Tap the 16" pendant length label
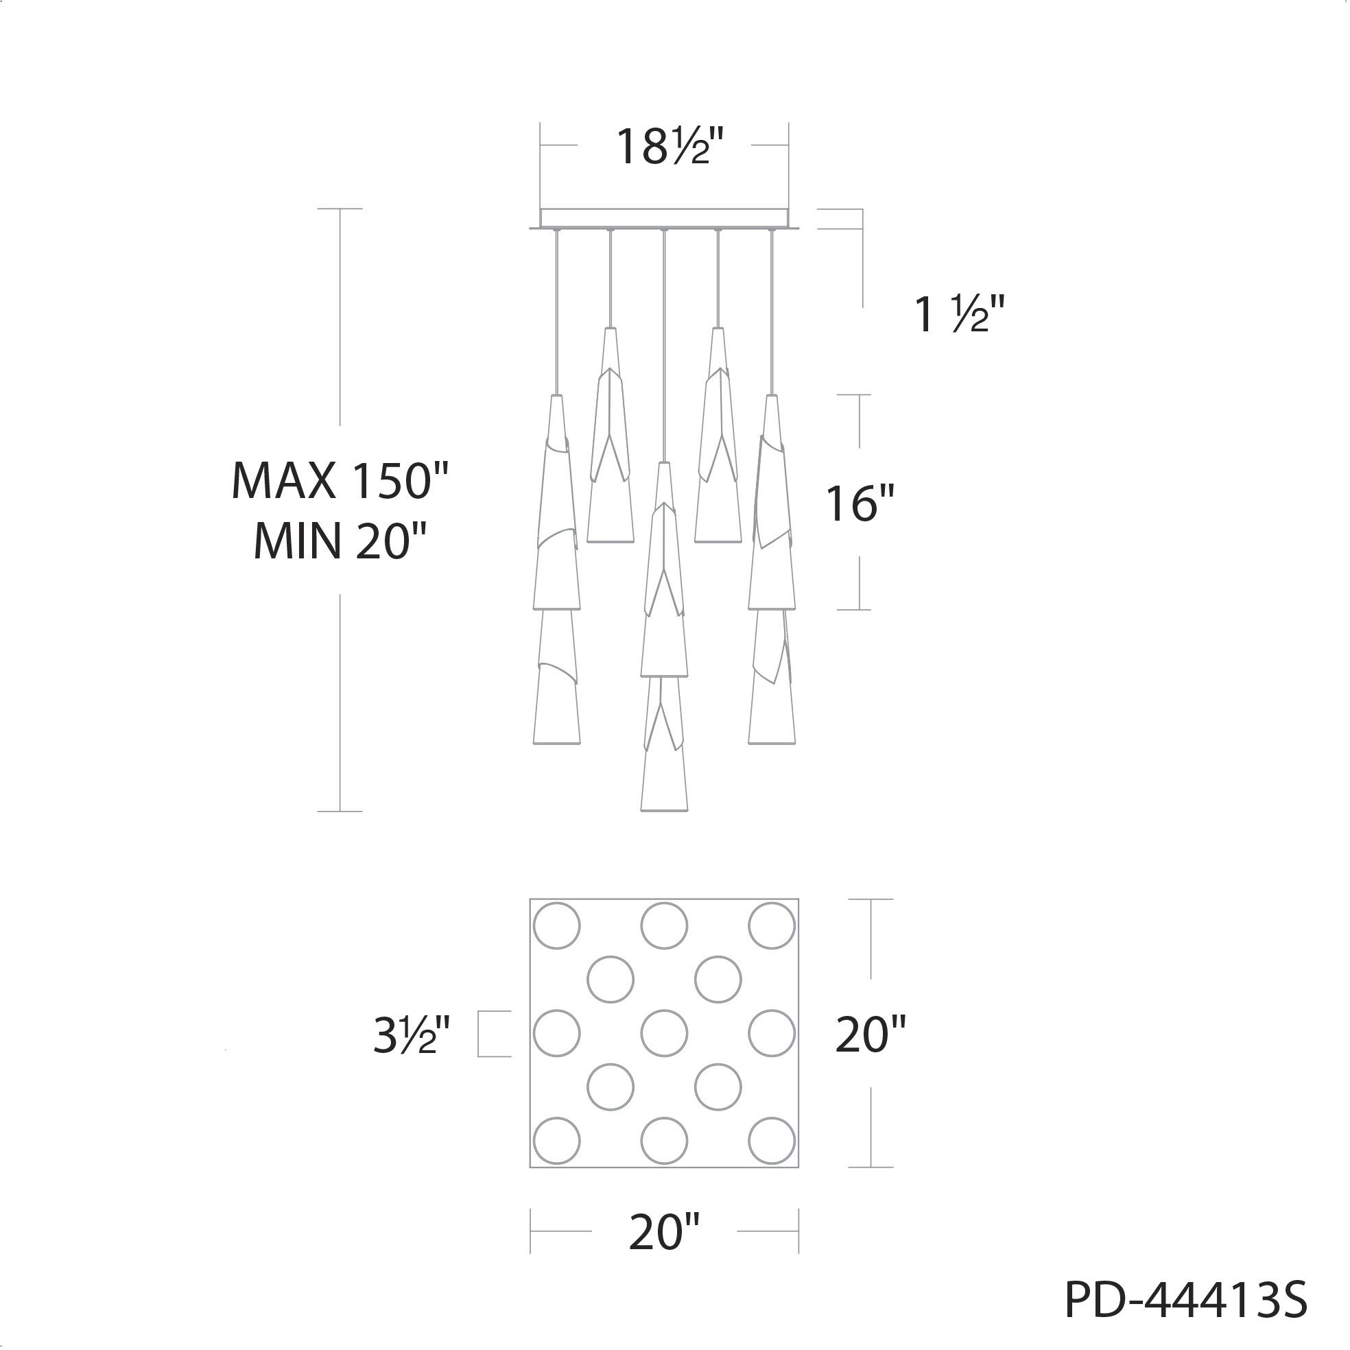[860, 503]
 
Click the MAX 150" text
[339, 482]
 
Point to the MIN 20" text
[340, 541]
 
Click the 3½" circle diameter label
[411, 1036]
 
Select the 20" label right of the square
[870, 1034]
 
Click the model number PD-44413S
[1185, 1299]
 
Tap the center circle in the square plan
[665, 1033]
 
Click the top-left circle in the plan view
[557, 926]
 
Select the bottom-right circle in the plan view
[772, 1141]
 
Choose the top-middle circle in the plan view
[665, 926]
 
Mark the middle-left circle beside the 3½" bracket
[557, 1033]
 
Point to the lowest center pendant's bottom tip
[664, 809]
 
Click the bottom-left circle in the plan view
[557, 1141]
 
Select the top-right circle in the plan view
[772, 926]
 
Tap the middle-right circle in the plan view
[772, 1033]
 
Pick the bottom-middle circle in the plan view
[665, 1141]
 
